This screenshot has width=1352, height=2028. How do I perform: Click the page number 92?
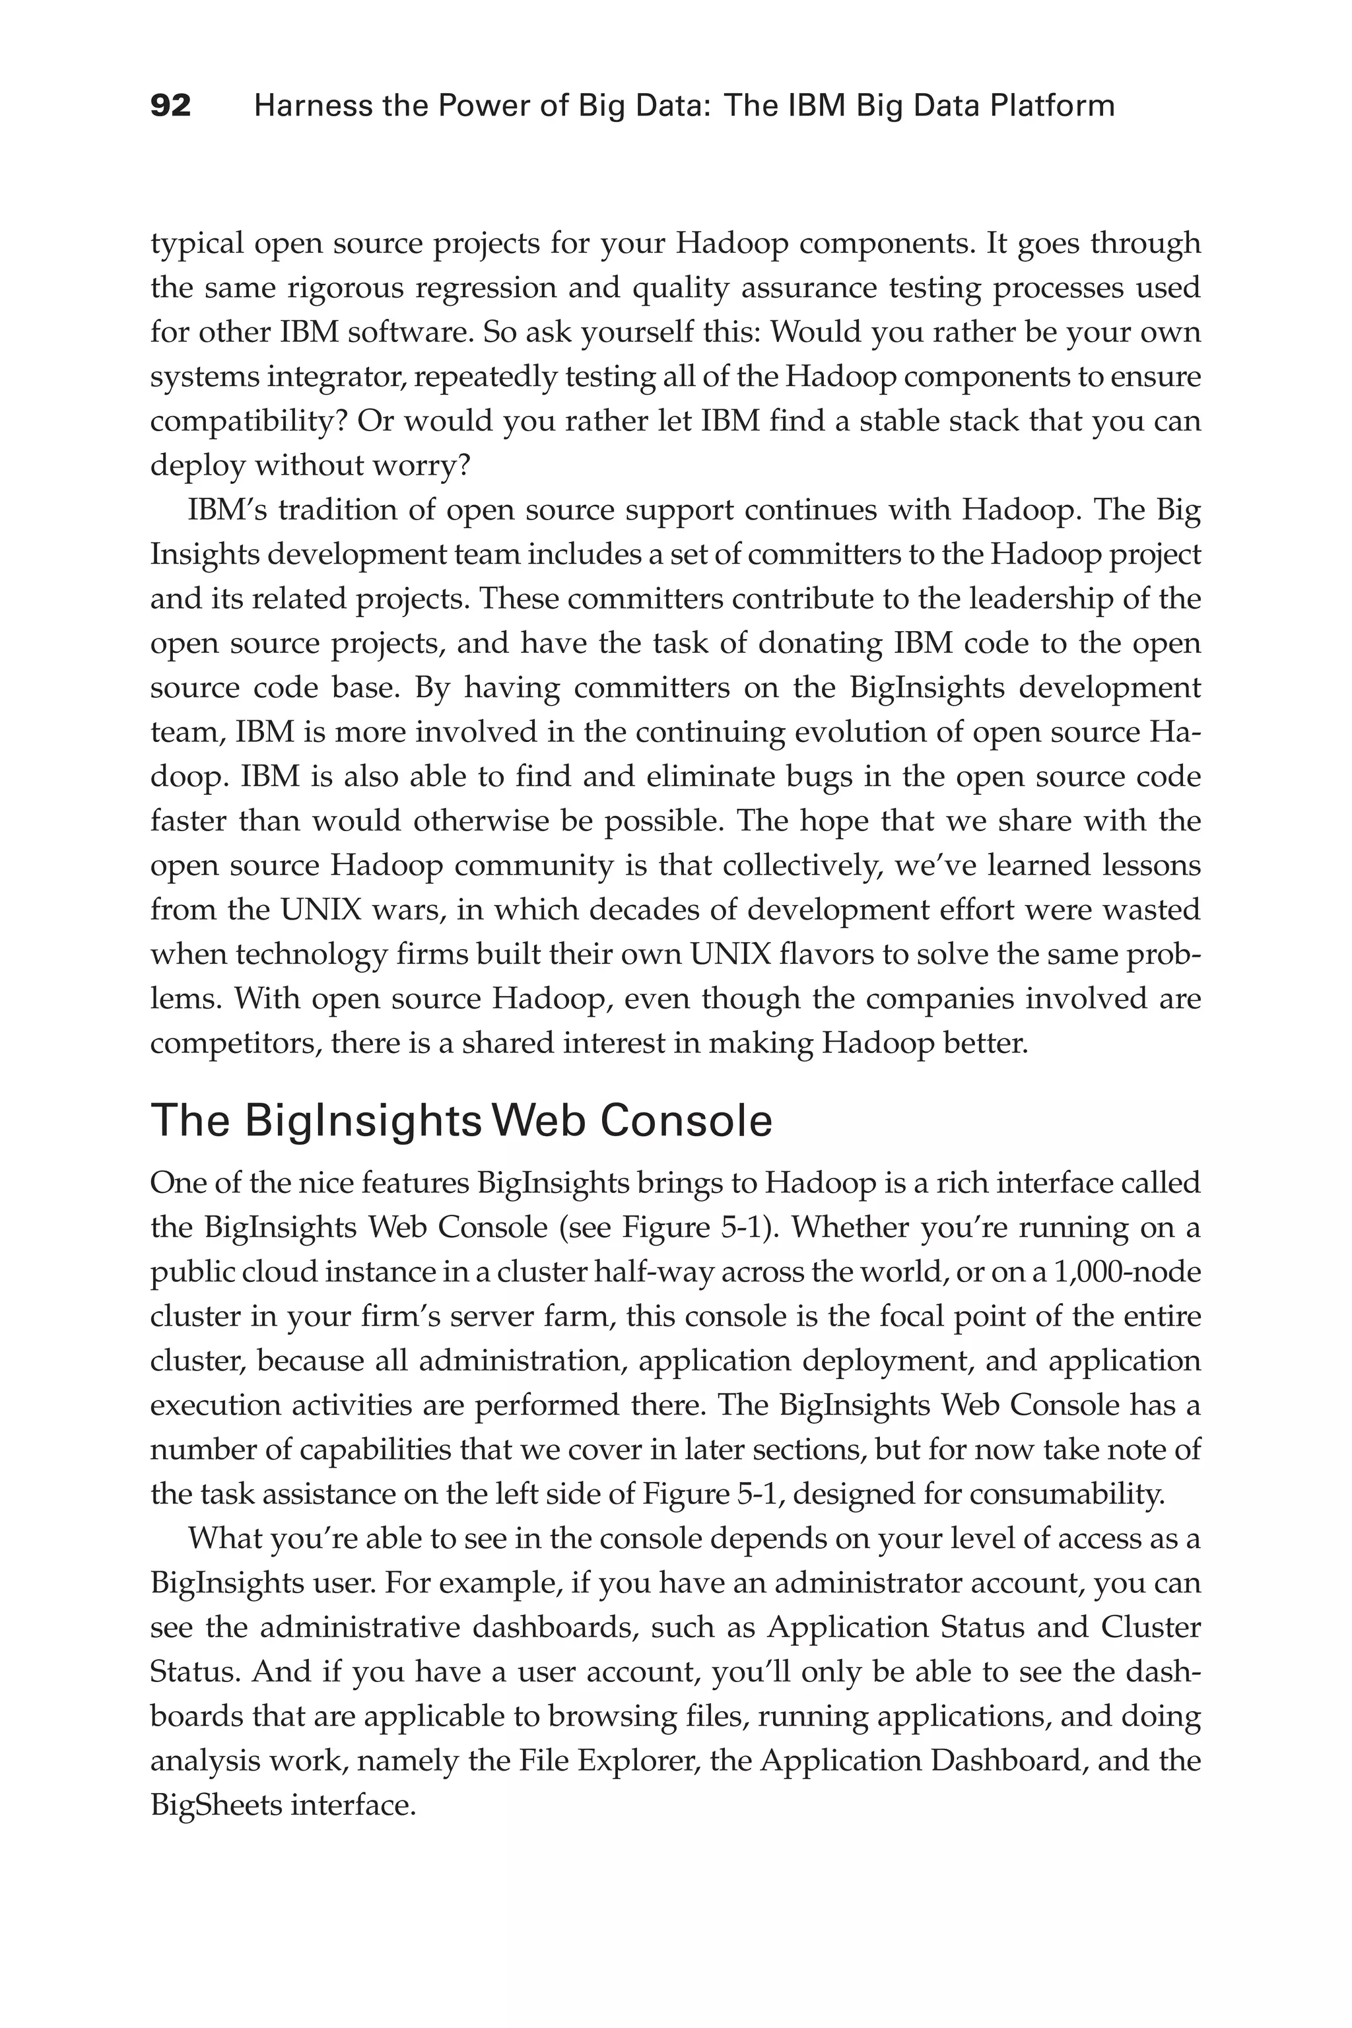(171, 106)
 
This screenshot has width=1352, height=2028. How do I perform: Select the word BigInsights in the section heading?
(316, 1121)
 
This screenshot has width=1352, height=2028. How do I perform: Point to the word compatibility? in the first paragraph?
(248, 421)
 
